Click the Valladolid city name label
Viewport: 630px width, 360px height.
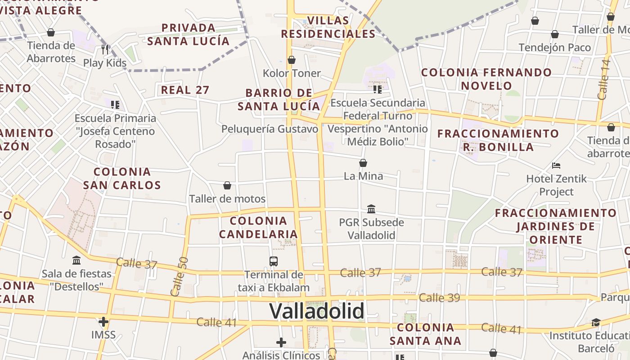click(316, 311)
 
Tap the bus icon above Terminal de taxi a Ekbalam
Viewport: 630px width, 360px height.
click(273, 261)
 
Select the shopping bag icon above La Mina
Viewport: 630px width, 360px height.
click(363, 163)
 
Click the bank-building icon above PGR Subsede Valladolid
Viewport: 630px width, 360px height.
click(371, 209)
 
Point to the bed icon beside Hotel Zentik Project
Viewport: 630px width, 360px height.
click(556, 166)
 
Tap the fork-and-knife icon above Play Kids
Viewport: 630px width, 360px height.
click(105, 49)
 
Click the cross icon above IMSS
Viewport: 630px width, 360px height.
click(103, 322)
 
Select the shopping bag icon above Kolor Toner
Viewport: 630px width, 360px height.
click(292, 60)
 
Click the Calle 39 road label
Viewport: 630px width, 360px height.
click(439, 298)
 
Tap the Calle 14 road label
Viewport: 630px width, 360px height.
click(603, 79)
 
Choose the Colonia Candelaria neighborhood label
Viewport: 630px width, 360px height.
click(259, 227)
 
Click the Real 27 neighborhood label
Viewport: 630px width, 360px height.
click(185, 90)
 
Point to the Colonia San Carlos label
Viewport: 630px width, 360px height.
click(122, 178)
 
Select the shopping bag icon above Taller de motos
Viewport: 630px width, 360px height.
click(227, 185)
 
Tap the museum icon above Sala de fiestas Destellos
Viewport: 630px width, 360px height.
click(76, 261)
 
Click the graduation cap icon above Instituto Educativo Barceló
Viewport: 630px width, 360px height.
click(596, 322)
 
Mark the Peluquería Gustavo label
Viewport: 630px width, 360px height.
click(270, 129)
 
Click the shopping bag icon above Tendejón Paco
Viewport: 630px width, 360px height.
click(555, 34)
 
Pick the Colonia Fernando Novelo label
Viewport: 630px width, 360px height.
click(486, 79)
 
